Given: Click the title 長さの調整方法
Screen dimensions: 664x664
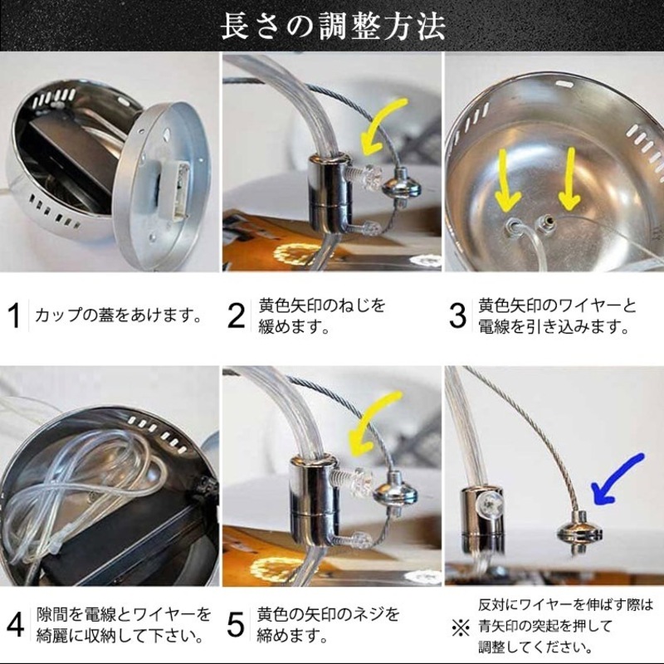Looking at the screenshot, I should tap(332, 26).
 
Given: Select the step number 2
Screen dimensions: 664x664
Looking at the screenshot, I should tap(237, 316).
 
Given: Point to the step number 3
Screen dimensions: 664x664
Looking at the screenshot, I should tap(457, 316).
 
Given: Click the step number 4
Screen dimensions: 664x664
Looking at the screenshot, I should tap(15, 625).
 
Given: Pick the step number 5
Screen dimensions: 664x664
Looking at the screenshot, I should tap(237, 625).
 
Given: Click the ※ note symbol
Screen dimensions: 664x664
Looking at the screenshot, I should tap(459, 625).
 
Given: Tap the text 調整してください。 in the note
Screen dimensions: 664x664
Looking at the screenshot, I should tap(532, 647).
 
